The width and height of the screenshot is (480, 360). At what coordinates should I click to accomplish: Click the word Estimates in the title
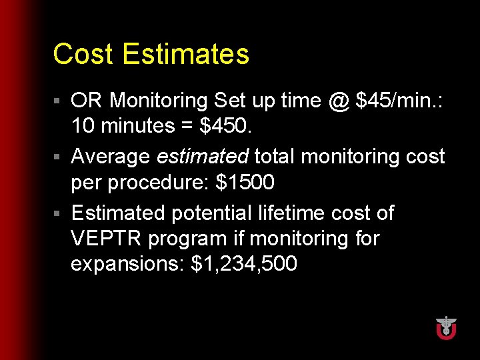[186, 54]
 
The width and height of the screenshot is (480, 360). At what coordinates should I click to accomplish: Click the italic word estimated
[202, 157]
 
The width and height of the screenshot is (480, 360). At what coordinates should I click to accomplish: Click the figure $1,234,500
[243, 264]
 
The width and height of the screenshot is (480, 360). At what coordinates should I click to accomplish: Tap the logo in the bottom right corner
[445, 327]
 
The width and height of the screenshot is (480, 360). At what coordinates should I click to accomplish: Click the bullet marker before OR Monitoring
[58, 101]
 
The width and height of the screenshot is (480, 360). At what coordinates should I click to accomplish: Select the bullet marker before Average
[58, 157]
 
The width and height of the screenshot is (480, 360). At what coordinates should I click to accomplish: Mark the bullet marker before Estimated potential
[58, 214]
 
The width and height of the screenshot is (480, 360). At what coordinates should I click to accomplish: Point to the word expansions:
[128, 264]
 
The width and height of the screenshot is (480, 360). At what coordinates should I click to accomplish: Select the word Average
[110, 157]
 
